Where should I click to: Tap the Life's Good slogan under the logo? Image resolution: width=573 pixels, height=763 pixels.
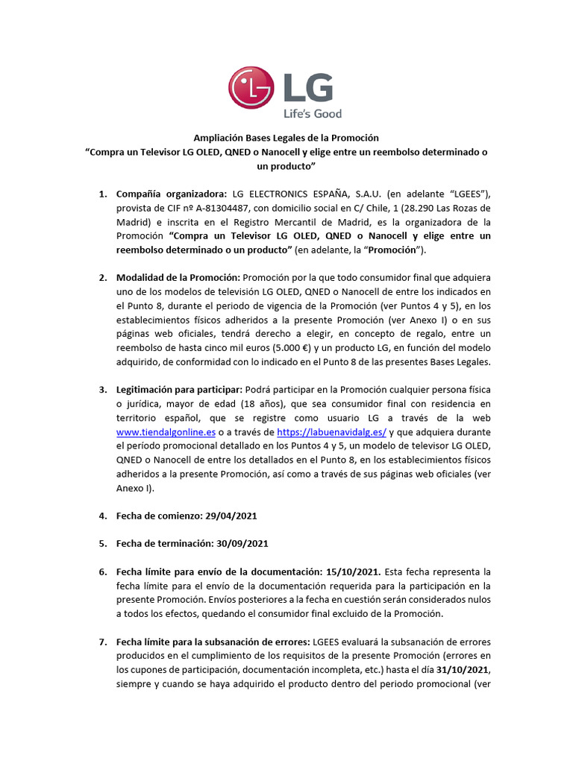(311, 113)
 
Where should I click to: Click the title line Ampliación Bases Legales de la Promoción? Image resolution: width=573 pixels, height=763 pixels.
(286, 138)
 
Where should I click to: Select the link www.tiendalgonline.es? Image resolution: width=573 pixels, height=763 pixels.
(166, 431)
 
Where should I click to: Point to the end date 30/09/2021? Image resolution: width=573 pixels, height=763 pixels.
(240, 543)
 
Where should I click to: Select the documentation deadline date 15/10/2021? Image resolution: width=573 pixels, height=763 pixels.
(353, 572)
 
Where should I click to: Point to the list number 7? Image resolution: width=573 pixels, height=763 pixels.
(102, 642)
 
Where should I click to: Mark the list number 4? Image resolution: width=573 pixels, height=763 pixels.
(102, 515)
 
